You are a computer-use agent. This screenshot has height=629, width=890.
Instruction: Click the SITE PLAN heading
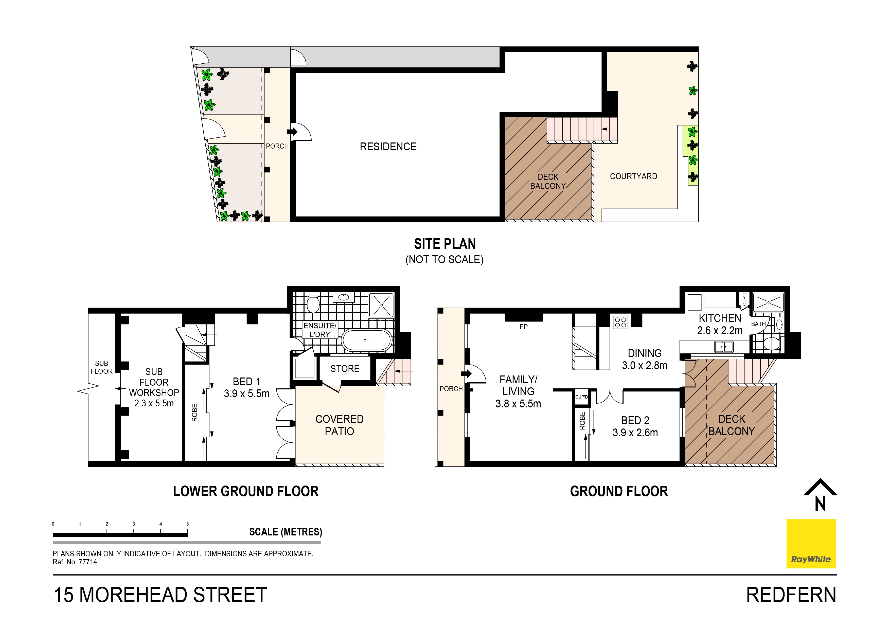coord(444,244)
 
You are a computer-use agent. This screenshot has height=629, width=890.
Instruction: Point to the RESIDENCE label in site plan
coord(388,147)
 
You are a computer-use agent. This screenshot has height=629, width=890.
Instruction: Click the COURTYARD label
coord(633,176)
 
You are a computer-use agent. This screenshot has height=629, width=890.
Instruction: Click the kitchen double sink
coord(723,347)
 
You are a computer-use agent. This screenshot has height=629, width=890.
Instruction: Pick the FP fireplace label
coord(523,327)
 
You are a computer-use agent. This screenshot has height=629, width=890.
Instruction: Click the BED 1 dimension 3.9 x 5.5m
coord(246,394)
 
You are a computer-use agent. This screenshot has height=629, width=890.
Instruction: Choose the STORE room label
coord(345,369)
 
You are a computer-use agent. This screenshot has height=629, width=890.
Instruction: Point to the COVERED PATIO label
coord(339,425)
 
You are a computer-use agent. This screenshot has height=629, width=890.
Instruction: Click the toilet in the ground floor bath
coord(771,343)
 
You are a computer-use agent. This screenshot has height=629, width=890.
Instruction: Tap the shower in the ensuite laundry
coord(381,305)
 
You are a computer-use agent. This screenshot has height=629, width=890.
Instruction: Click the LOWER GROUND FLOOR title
coord(245,491)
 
